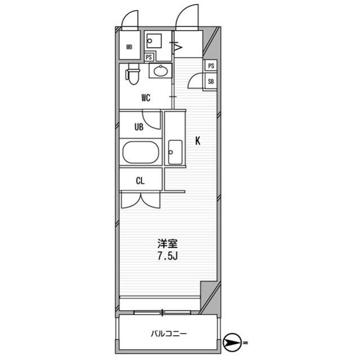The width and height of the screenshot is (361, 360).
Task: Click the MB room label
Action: pos(129,47)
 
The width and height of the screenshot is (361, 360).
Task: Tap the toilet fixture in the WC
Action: pos(133,74)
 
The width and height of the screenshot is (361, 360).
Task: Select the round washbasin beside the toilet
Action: pos(161,71)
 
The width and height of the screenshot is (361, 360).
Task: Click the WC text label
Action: pos(146,98)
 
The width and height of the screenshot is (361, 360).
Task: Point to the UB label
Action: pos(139,127)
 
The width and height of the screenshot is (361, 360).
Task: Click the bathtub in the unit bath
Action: pos(140,152)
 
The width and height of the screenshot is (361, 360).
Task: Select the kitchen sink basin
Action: pos(175,152)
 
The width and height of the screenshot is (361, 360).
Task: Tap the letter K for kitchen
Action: pos(197,141)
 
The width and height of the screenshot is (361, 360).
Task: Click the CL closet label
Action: pos(140,181)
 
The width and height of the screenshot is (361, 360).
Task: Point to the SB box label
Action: pos(210,81)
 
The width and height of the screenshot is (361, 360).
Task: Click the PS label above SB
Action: pos(211,66)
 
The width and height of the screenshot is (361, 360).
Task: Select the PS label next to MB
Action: pos(149,57)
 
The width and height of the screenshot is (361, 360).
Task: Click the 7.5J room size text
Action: pos(168,256)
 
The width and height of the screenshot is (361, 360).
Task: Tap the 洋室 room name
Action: pos(168,244)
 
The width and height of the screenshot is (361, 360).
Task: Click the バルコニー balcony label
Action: pos(169,334)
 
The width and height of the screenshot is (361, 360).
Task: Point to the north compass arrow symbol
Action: pos(232,343)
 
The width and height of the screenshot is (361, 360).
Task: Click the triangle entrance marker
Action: pos(178,47)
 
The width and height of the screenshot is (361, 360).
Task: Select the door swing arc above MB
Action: pos(129,19)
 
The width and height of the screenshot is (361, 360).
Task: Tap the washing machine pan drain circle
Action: pos(150,41)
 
